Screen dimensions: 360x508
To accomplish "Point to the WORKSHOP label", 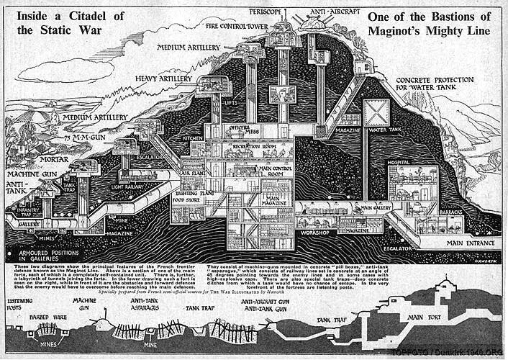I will coord(314,233).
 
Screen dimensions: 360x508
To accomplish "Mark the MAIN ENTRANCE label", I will coord(473,243).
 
